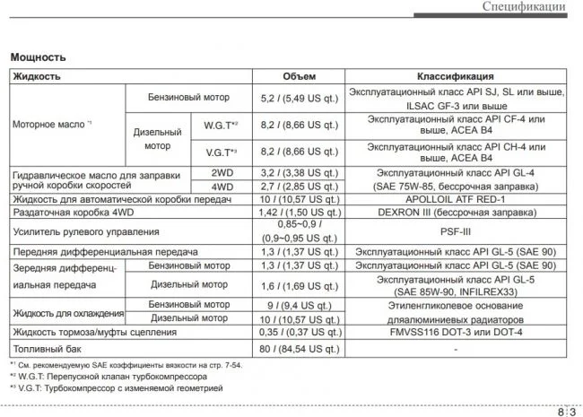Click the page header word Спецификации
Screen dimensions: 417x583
pyautogui.click(x=524, y=8)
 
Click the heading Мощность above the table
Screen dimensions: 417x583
pyautogui.click(x=38, y=57)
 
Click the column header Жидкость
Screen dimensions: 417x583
pyautogui.click(x=36, y=76)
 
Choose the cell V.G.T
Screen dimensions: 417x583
pyautogui.click(x=220, y=152)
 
